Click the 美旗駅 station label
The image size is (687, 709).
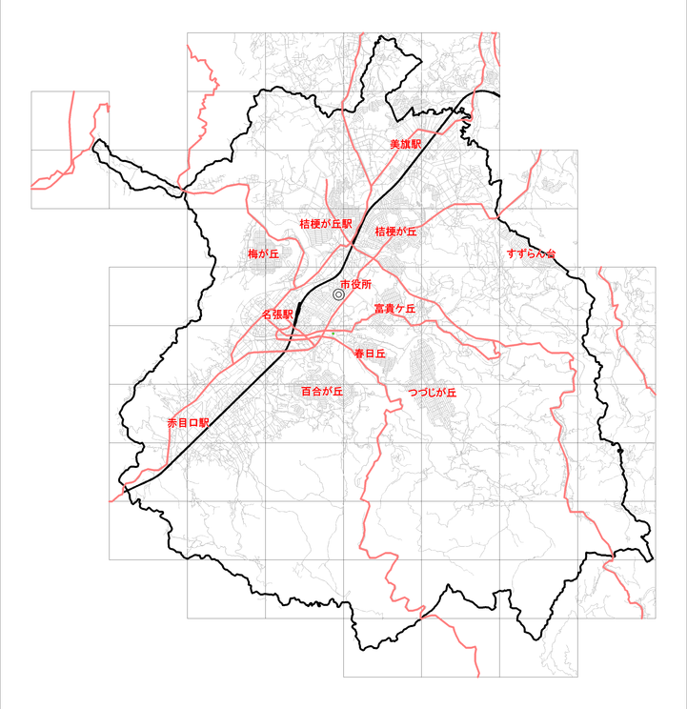pos(405,144)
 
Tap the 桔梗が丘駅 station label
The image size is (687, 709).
pos(326,223)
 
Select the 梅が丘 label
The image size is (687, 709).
pos(263,254)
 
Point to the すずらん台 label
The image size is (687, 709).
pos(531,253)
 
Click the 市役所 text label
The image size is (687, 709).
pos(355,284)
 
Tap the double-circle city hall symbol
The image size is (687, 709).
pos(338,295)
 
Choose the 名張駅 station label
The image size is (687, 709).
pos(276,314)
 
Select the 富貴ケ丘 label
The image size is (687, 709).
pos(394,309)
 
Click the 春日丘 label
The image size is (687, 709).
pos(368,354)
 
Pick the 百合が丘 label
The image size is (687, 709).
pos(321,391)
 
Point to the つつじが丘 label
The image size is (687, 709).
pos(432,393)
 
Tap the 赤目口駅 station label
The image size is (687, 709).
pos(188,422)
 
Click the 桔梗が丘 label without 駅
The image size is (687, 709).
pos(396,232)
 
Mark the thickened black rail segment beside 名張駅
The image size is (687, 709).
pos(298,311)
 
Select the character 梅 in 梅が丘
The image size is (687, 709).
pos(253,254)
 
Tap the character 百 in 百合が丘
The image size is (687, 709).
pos(306,391)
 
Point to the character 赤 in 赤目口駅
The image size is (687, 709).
pos(172,422)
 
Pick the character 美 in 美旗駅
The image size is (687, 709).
pos(394,144)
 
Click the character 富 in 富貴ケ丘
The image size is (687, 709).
pos(379,309)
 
